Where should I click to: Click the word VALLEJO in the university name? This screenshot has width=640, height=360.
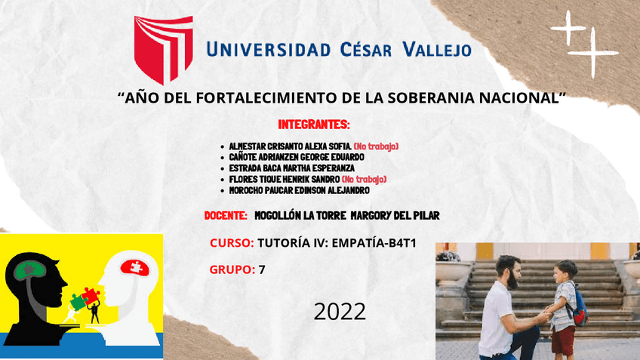tap(437, 50)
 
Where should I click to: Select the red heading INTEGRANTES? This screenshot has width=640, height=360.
tap(313, 124)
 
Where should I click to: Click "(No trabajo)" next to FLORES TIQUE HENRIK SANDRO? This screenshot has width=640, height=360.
tap(364, 179)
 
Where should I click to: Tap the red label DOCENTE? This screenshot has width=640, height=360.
tap(226, 216)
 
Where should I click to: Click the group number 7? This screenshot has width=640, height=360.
tap(262, 269)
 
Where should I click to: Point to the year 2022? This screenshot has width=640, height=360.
tap(340, 311)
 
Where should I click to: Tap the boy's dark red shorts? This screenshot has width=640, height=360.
tap(562, 340)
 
